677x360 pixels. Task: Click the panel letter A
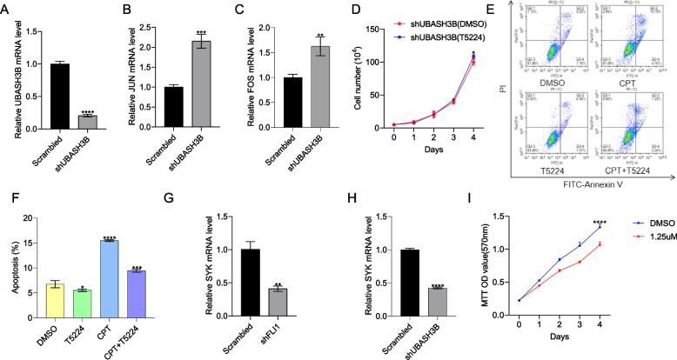(x=6, y=10)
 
